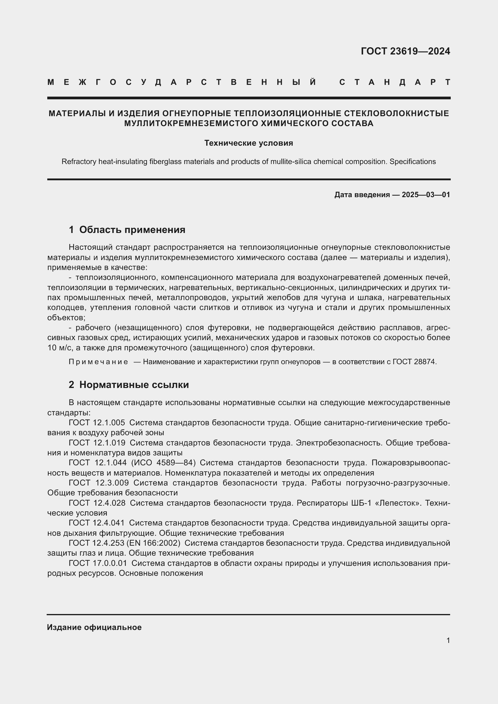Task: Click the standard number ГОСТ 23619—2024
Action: (405, 51)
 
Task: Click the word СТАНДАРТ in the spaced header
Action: (395, 82)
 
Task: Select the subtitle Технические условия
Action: (249, 143)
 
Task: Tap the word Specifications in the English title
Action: (412, 162)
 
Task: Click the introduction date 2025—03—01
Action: (426, 195)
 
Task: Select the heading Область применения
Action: (132, 230)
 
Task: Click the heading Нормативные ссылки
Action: (134, 385)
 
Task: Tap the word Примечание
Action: (98, 362)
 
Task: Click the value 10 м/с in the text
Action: (60, 348)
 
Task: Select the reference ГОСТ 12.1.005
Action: (97, 423)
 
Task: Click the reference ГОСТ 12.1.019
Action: (97, 443)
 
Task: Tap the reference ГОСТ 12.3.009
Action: (98, 482)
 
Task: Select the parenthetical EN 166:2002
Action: (153, 543)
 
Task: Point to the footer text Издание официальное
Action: (94, 627)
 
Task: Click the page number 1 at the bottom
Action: (448, 640)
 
